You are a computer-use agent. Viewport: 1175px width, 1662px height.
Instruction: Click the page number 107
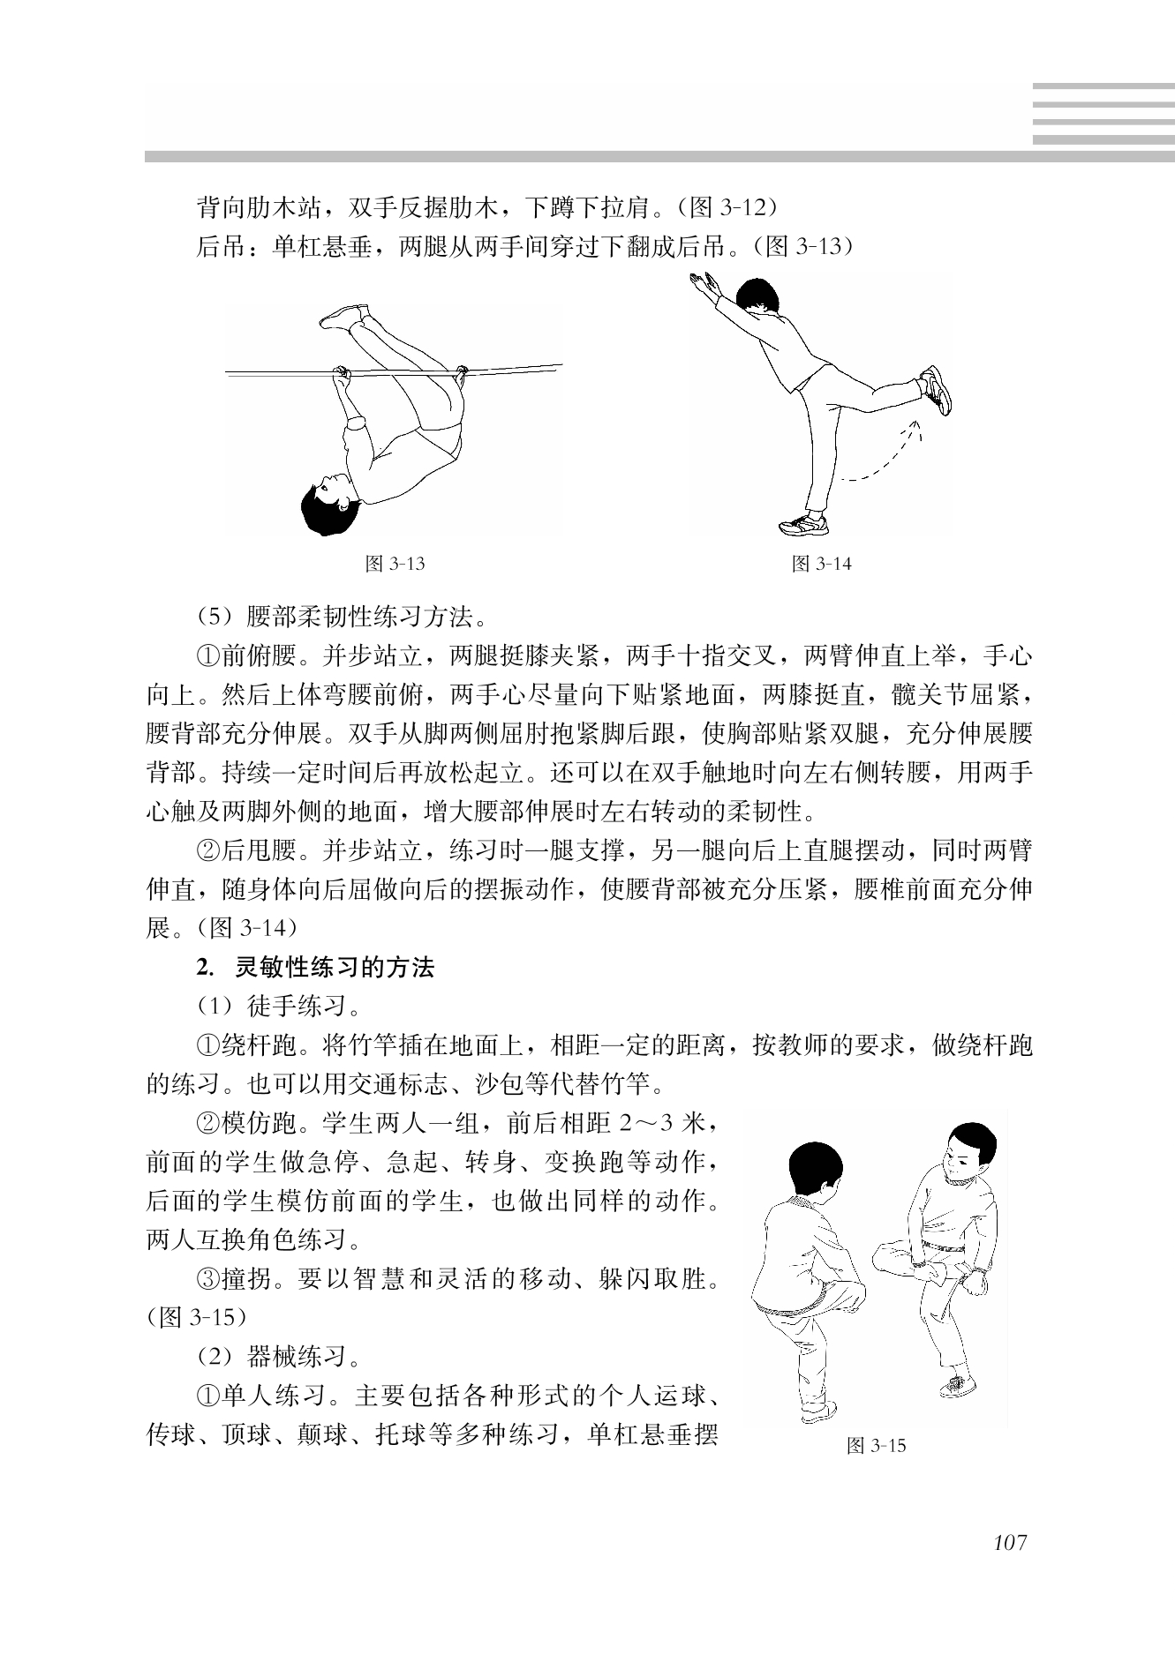pyautogui.click(x=1009, y=1543)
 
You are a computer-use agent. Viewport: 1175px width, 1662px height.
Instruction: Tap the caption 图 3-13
pyautogui.click(x=395, y=564)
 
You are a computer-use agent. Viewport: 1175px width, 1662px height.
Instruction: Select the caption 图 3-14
pyautogui.click(x=822, y=564)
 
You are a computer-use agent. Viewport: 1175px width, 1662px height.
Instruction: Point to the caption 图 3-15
pyautogui.click(x=876, y=1446)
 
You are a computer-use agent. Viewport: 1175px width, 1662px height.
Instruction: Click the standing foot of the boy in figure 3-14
pyautogui.click(x=804, y=524)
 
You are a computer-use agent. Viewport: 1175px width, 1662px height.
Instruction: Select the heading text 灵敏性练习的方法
pyautogui.click(x=335, y=968)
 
